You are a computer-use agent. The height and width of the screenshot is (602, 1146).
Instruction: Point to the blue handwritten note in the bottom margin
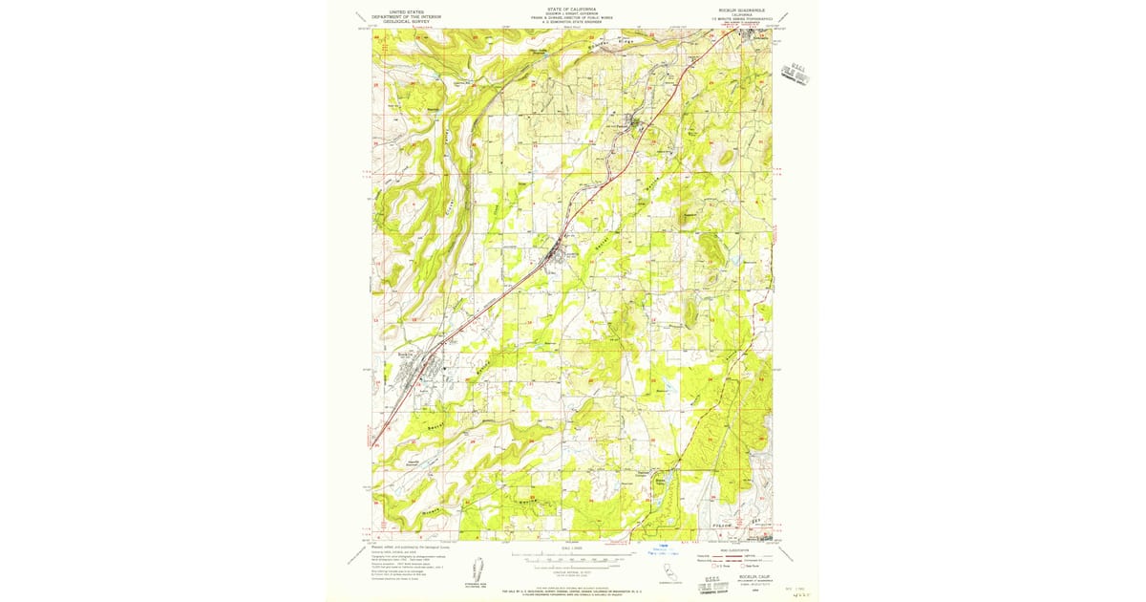point(660,549)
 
